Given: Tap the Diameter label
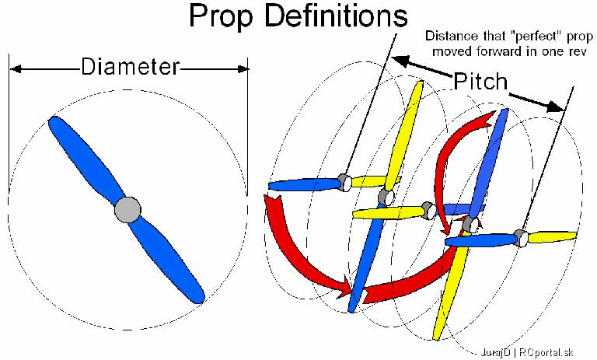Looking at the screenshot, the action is (131, 66).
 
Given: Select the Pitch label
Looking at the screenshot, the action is (480, 81).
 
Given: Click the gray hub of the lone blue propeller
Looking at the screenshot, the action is (128, 209).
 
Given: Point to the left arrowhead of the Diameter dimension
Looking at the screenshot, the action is (16, 69).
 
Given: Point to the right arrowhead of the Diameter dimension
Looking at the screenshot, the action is (243, 69).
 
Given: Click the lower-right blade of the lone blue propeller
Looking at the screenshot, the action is (169, 260).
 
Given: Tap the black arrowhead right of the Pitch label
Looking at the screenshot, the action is (556, 107).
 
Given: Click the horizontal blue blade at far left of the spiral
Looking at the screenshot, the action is (304, 185).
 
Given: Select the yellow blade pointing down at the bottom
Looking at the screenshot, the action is (449, 293).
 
